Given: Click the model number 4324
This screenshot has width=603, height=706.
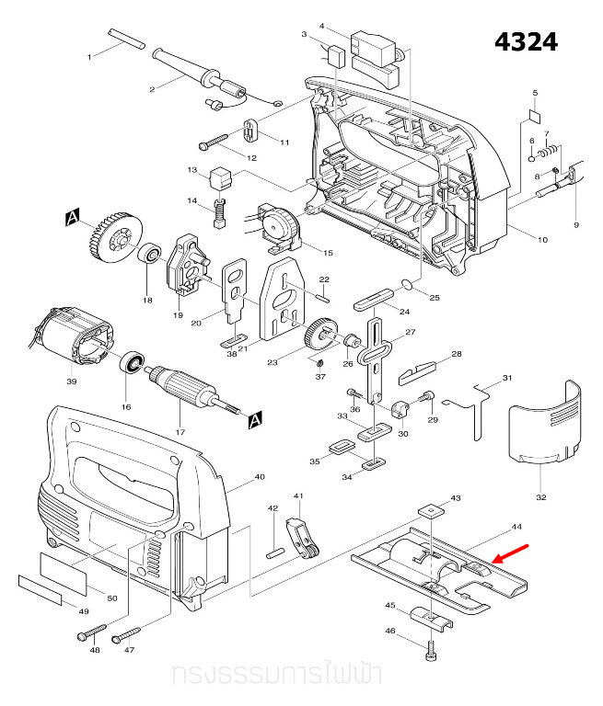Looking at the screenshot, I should pos(526,42).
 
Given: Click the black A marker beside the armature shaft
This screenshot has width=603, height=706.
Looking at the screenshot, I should pos(254,419).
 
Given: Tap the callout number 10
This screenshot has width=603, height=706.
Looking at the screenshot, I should pos(542,240).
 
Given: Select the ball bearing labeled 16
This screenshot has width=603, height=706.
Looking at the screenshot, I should pos(133,364).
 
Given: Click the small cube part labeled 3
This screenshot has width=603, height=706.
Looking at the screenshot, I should pos(336,53).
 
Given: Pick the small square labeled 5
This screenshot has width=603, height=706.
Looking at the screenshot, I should pos(534,117).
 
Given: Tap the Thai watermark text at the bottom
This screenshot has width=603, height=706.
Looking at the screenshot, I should pos(277,676).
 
